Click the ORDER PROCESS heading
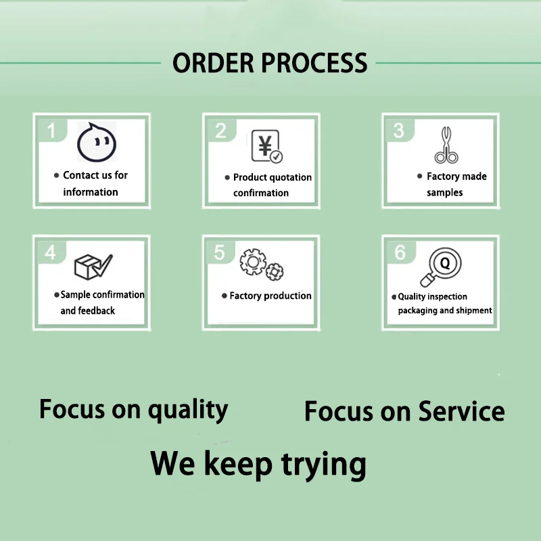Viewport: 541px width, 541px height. pos(270,63)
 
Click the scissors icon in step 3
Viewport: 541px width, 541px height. pos(446,145)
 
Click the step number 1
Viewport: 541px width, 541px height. pos(51,129)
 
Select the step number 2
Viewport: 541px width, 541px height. pos(220,131)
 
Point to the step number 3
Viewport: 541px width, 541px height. pos(399,129)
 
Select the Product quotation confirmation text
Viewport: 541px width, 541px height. pos(270,185)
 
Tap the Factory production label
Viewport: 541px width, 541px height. pos(270,296)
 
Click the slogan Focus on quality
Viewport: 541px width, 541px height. pos(133,410)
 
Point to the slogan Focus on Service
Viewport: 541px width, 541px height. pos(404,411)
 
